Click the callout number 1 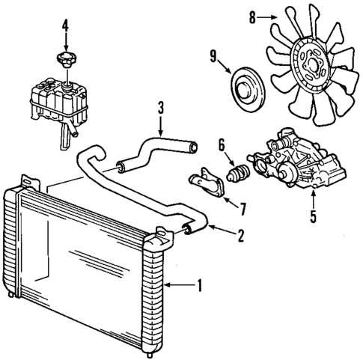pos(201,284)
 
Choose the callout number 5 pos(314,219)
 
